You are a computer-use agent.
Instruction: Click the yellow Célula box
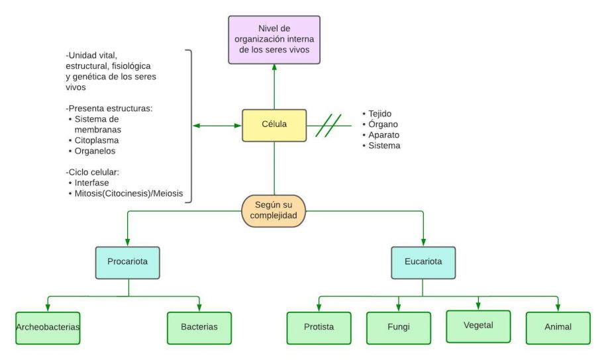pyautogui.click(x=274, y=125)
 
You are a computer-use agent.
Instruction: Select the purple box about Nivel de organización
pyautogui.click(x=274, y=40)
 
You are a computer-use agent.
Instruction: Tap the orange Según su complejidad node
pyautogui.click(x=274, y=210)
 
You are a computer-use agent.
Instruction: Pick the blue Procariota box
pyautogui.click(x=127, y=261)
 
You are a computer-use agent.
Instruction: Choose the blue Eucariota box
pyautogui.click(x=423, y=261)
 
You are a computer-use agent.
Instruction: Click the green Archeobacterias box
pyautogui.click(x=47, y=328)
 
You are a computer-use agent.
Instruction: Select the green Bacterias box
pyautogui.click(x=199, y=328)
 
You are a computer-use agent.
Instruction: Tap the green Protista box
pyautogui.click(x=319, y=328)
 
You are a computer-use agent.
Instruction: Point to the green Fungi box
pyautogui.click(x=398, y=328)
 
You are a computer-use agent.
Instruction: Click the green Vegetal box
pyautogui.click(x=478, y=326)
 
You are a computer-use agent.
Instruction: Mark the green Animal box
pyautogui.click(x=558, y=328)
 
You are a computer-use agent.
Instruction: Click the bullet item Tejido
pyautogui.click(x=381, y=113)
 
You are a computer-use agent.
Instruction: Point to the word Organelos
pyautogui.click(x=97, y=151)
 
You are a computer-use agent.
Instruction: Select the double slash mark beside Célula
pyautogui.click(x=328, y=125)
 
